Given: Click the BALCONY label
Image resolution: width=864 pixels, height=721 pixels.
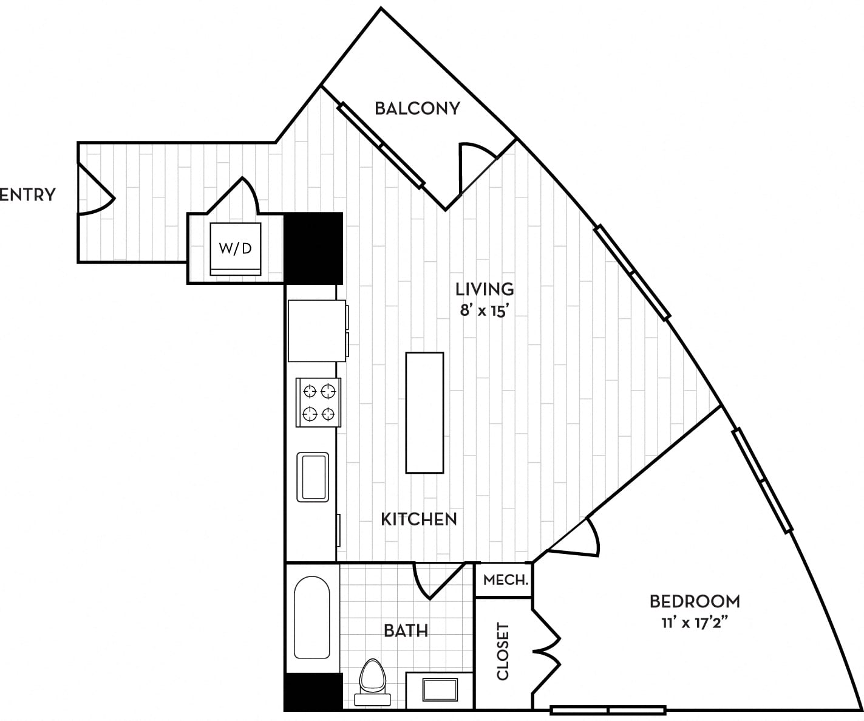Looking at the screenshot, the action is (x=417, y=109).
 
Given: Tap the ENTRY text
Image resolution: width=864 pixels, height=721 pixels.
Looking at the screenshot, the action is (x=27, y=194).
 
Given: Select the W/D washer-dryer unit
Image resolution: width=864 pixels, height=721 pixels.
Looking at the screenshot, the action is (x=236, y=249).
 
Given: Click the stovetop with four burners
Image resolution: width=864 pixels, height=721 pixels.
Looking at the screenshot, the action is (x=318, y=402).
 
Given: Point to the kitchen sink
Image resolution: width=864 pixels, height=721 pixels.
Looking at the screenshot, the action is (x=313, y=477).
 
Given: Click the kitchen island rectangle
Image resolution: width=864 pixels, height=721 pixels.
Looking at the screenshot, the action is (x=424, y=412).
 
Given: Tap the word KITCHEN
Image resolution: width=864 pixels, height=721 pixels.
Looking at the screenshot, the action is (x=419, y=519).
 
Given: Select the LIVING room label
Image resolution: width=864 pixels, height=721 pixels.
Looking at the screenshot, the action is (x=485, y=289).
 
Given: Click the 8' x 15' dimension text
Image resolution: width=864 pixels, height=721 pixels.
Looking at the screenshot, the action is (x=484, y=310).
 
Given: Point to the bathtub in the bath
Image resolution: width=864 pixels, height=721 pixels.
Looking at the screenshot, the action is (x=312, y=617).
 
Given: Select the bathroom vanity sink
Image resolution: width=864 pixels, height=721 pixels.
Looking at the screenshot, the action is (x=440, y=690).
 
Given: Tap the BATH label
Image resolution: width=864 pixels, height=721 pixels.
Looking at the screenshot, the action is (x=406, y=630).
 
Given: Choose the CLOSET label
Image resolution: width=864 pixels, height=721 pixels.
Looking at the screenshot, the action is (x=503, y=651).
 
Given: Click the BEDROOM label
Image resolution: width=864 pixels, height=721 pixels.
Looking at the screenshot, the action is (x=695, y=601).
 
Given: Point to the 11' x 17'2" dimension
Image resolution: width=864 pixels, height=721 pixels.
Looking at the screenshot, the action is (x=695, y=623).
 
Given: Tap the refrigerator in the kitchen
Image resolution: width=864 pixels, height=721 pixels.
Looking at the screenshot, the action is (x=317, y=331).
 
